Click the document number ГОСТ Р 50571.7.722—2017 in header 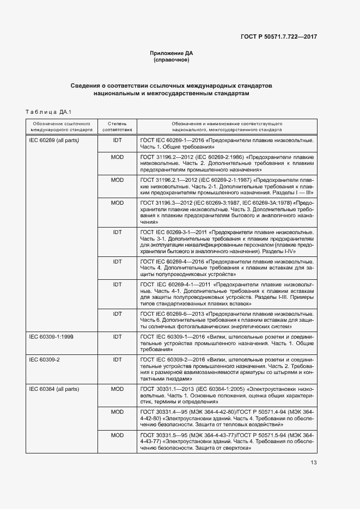point(279,36)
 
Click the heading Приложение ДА point(172,53)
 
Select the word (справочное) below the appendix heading point(172,60)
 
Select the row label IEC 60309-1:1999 point(51,337)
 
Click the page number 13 point(314,463)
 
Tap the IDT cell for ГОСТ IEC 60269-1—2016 point(117,141)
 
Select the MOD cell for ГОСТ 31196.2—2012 point(117,157)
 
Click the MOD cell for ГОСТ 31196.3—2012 point(117,203)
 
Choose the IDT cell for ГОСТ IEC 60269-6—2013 point(117,314)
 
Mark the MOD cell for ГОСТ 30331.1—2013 point(117,389)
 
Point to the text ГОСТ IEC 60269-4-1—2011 point(175,285)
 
